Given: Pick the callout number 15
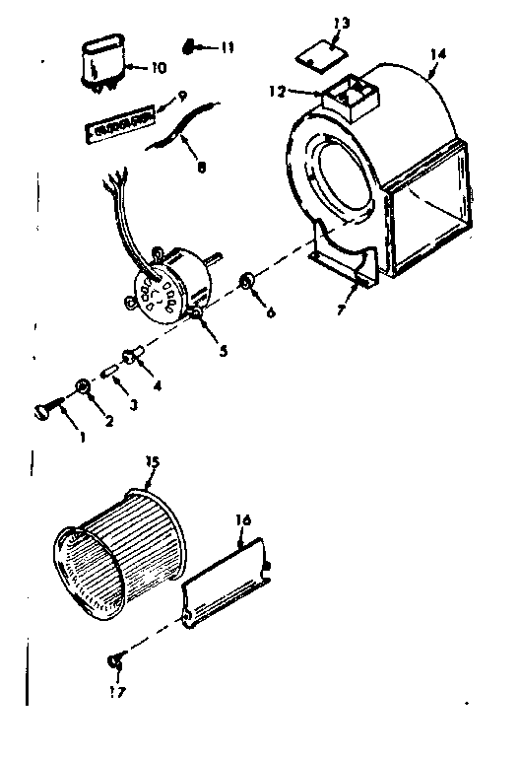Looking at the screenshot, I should point(152,461).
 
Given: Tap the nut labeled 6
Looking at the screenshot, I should point(248,287).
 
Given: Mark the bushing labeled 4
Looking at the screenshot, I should point(133,355).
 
